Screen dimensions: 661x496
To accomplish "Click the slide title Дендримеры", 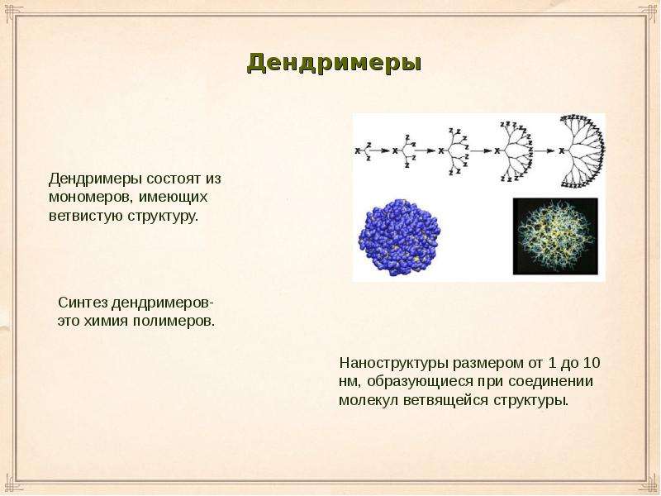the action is [334, 64].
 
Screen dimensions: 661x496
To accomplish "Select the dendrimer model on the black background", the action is [555, 236].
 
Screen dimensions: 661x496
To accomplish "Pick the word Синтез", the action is [82, 303].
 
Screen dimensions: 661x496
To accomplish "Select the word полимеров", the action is [174, 321].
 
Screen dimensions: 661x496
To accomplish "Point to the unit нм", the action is [348, 382].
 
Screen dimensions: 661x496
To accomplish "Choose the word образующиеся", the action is [420, 382].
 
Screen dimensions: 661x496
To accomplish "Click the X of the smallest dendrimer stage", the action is [358, 150].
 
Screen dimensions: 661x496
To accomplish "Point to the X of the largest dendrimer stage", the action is [562, 150].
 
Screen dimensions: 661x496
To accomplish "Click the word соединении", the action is [550, 382].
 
